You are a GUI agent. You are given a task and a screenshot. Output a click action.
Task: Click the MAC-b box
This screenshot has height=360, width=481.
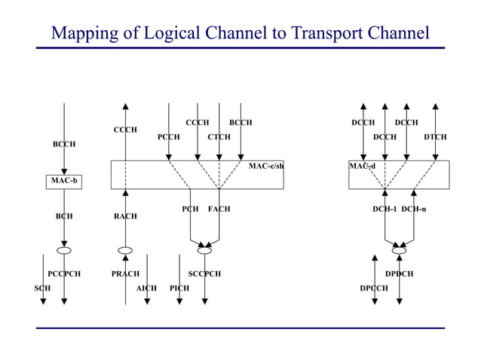[x=64, y=181]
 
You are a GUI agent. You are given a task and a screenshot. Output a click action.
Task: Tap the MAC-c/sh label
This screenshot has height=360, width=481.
[x=266, y=166]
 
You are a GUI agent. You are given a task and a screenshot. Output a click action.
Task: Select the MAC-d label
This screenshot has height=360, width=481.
[x=362, y=166]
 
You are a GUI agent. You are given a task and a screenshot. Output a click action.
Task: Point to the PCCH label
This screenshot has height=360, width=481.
[x=168, y=137]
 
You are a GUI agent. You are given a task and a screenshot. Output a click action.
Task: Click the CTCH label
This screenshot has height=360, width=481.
[x=219, y=137]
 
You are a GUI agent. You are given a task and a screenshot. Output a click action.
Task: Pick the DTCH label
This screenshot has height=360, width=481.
[x=434, y=137]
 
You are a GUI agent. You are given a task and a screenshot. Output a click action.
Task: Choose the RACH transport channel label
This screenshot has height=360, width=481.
[x=125, y=216]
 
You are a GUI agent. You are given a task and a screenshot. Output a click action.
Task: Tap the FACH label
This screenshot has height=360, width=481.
[x=219, y=209]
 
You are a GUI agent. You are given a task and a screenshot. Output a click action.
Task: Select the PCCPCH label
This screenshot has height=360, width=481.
[x=64, y=274]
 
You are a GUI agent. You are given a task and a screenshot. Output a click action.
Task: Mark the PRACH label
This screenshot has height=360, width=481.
[x=125, y=274]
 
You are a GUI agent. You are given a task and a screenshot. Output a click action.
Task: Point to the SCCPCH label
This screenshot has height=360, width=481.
[x=204, y=274]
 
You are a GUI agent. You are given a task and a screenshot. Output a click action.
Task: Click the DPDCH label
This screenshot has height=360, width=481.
[x=399, y=274]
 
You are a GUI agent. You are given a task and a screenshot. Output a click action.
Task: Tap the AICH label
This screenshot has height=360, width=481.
[x=146, y=288]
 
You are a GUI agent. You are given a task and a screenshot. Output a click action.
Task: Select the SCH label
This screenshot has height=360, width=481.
[x=42, y=288]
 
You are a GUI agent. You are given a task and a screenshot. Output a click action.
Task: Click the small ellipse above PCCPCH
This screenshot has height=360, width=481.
[x=64, y=250]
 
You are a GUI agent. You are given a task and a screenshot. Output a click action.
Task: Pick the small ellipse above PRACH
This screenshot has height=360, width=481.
[x=125, y=250]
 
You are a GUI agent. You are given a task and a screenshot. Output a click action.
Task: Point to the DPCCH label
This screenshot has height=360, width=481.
[x=374, y=288]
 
